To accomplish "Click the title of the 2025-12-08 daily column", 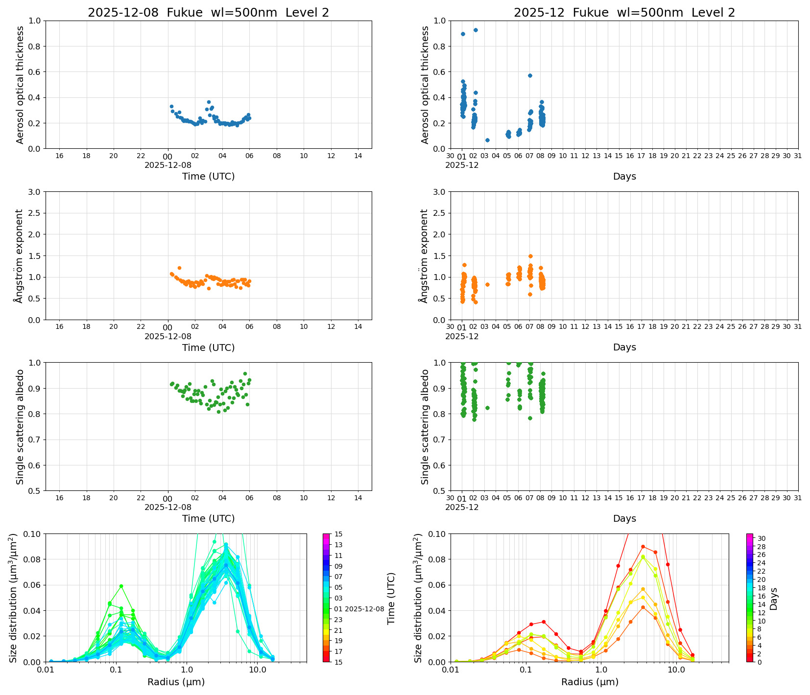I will point(208,13).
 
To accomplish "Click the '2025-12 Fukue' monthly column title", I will point(624,13).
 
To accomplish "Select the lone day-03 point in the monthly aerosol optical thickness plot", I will point(487,140).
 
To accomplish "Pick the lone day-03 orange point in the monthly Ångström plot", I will point(487,284).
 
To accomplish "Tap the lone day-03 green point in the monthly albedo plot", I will point(487,408).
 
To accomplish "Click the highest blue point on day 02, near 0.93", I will point(476,30).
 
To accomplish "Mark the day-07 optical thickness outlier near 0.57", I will point(530,75).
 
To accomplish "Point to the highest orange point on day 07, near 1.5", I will point(530,256).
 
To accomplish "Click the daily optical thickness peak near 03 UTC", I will point(209,102).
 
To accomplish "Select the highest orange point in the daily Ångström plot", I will point(179,268).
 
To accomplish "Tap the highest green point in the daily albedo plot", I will point(245,373).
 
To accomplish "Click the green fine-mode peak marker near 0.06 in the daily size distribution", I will point(121,586).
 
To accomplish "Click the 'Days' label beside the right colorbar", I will point(774,598).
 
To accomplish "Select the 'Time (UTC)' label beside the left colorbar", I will point(391,598).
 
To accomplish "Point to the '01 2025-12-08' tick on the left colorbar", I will point(359,609).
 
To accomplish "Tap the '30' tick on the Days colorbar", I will point(762,538).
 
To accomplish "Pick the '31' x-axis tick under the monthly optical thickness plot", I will point(798,156).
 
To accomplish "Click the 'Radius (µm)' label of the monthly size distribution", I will point(590,682).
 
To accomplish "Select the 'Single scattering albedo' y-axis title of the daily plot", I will point(20,427).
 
